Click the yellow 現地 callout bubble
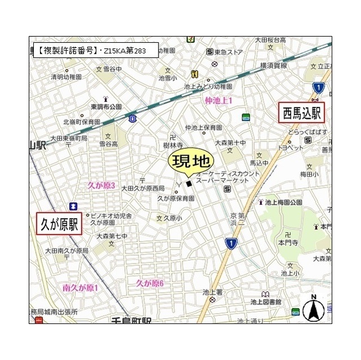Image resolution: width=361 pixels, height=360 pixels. tap(190, 162)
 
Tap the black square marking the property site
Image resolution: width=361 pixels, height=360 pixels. tap(189, 183)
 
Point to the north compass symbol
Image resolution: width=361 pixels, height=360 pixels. tap(312, 309)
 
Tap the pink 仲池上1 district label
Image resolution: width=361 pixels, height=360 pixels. tap(219, 100)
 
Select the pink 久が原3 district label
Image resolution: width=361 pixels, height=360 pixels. tap(101, 185)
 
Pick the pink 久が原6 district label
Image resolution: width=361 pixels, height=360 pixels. tap(149, 283)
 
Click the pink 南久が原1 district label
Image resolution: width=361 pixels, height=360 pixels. tap(80, 288)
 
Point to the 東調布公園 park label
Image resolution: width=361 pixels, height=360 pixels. tap(106, 106)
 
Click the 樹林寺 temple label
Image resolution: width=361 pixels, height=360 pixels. tap(173, 145)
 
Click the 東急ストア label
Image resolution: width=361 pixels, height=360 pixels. tap(229, 52)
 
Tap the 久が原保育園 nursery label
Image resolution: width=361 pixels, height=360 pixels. tap(175, 198)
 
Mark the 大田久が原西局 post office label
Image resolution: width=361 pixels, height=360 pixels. tap(143, 188)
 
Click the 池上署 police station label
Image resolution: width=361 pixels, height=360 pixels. tap(213, 292)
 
